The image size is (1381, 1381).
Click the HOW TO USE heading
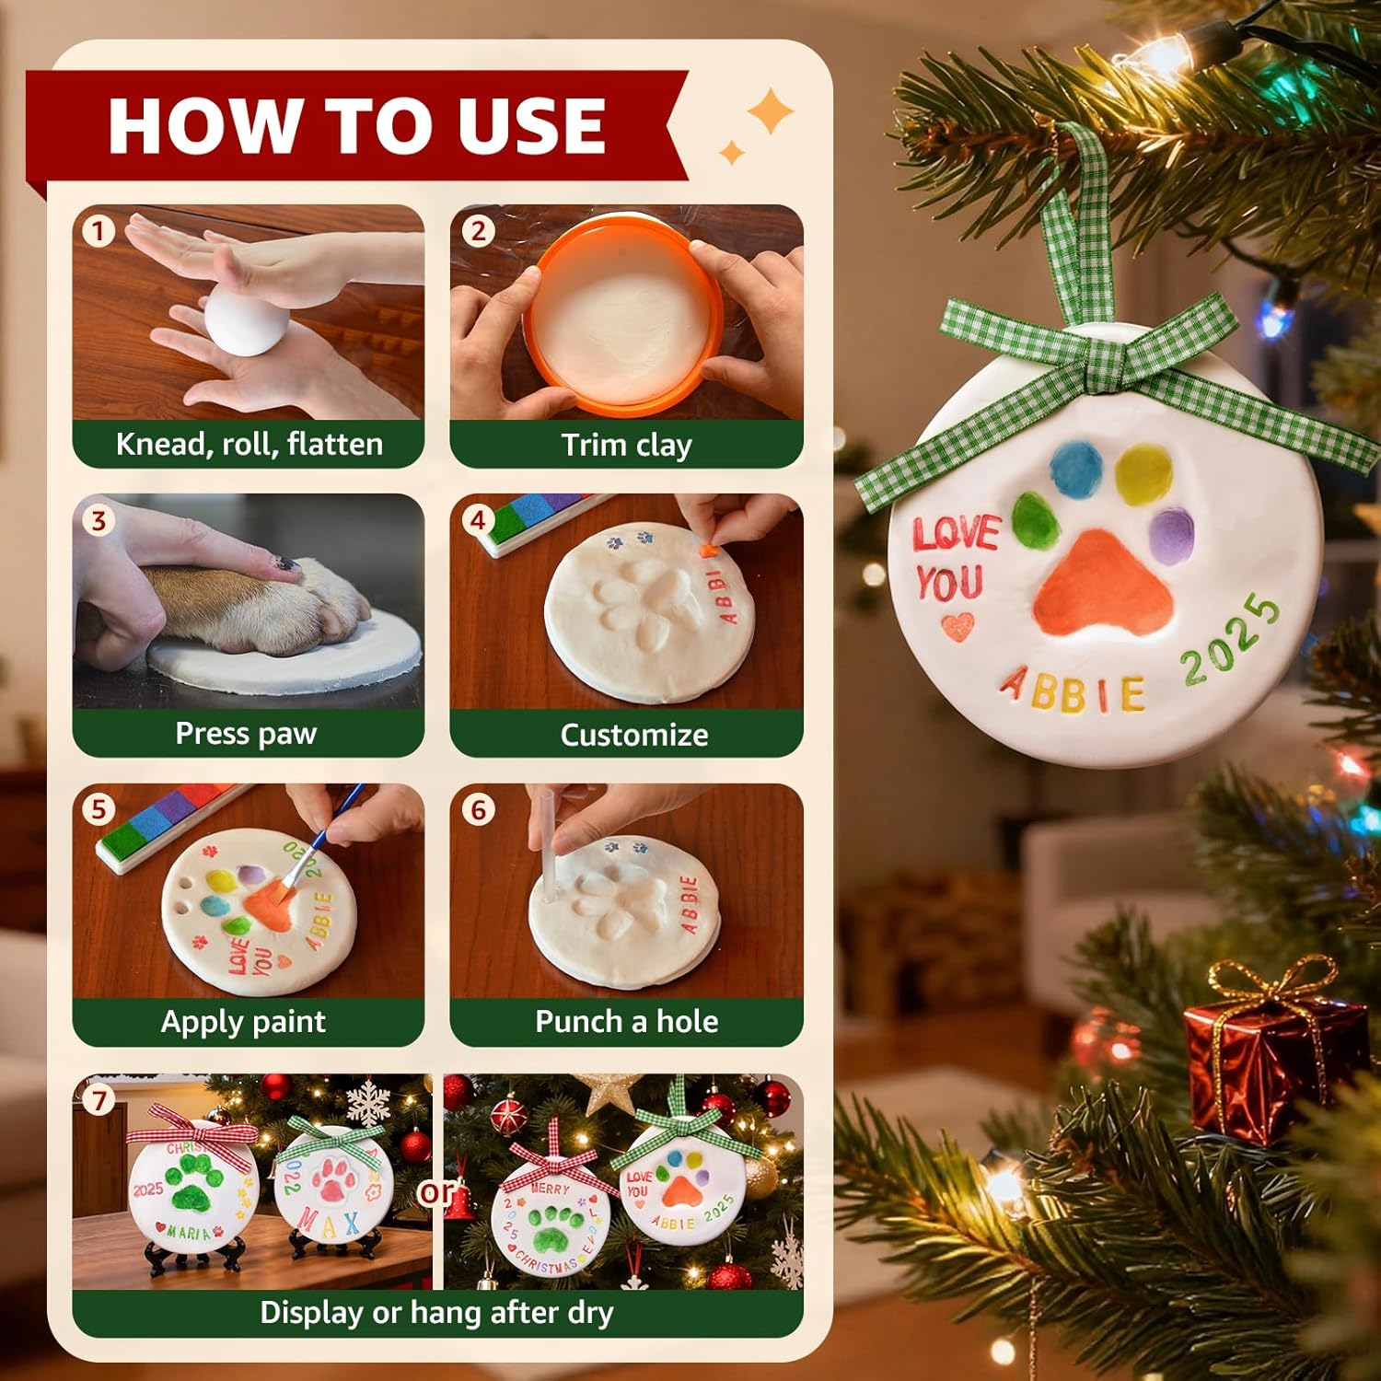tap(357, 125)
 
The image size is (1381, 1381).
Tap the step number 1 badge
tap(99, 230)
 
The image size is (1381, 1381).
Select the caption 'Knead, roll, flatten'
tap(249, 445)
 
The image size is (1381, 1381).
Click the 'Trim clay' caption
tap(626, 445)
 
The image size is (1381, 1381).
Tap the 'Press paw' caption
tap(246, 734)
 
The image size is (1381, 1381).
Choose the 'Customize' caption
tap(633, 735)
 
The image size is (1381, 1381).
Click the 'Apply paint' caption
tap(243, 1022)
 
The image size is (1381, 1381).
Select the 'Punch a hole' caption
tap(626, 1022)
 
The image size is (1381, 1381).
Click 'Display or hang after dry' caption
tap(436, 1312)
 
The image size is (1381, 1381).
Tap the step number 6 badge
tap(478, 810)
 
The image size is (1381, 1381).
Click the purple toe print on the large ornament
tap(1171, 535)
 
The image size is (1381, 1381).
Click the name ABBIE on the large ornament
tap(1073, 690)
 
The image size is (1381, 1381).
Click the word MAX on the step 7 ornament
tap(329, 1224)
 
